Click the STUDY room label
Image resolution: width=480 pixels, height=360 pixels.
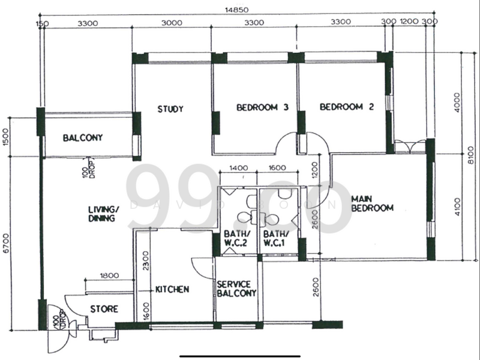pyautogui.click(x=170, y=109)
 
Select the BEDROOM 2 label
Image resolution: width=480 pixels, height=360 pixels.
pyautogui.click(x=347, y=107)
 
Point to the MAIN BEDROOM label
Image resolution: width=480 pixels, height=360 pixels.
pyautogui.click(x=372, y=203)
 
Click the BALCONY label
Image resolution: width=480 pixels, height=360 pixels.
pyautogui.click(x=83, y=137)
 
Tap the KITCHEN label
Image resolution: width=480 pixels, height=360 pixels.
pyautogui.click(x=172, y=289)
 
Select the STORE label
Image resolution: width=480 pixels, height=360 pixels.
pyautogui.click(x=104, y=310)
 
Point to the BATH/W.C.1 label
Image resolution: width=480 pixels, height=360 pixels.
pyautogui.click(x=276, y=238)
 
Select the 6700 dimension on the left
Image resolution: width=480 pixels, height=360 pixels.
pyautogui.click(x=7, y=243)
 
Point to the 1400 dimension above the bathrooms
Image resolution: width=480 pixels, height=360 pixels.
pyautogui.click(x=238, y=169)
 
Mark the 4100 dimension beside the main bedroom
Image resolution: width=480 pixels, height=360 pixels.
pyautogui.click(x=458, y=206)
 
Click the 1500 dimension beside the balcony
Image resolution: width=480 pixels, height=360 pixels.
pyautogui.click(x=7, y=136)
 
